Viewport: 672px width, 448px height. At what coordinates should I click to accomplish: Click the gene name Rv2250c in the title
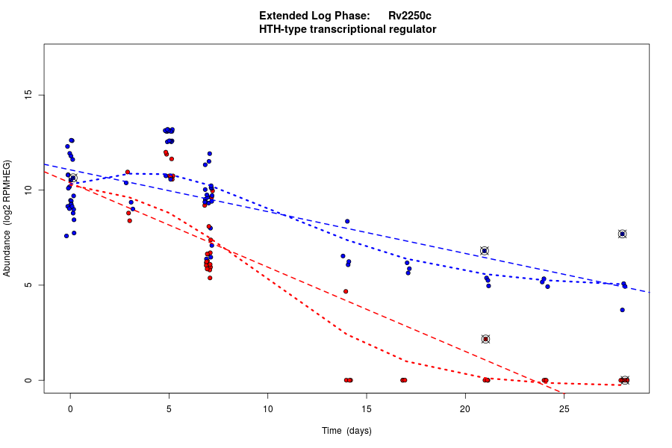pyautogui.click(x=409, y=16)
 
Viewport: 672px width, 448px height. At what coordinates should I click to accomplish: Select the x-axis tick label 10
pyautogui.click(x=268, y=408)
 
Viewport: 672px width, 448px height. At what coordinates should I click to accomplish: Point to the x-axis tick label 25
pyautogui.click(x=564, y=408)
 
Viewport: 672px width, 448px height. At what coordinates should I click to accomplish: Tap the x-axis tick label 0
pyautogui.click(x=70, y=408)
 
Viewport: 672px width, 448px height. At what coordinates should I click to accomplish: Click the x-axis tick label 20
pyautogui.click(x=465, y=408)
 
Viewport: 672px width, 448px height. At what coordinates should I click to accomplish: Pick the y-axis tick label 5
pyautogui.click(x=29, y=285)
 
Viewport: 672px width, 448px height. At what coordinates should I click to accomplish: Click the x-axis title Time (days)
pyautogui.click(x=346, y=431)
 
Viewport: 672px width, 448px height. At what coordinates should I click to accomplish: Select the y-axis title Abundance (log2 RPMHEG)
pyautogui.click(x=7, y=218)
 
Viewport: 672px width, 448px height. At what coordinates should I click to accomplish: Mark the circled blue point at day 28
pyautogui.click(x=622, y=234)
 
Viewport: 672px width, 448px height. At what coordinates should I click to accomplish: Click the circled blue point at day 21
pyautogui.click(x=484, y=251)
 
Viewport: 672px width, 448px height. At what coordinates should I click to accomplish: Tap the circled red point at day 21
pyautogui.click(x=485, y=339)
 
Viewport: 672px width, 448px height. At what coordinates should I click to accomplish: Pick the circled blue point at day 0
pyautogui.click(x=73, y=178)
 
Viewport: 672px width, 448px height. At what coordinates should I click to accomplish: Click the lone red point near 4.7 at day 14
pyautogui.click(x=346, y=291)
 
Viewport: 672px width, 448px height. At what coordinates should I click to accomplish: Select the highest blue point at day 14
pyautogui.click(x=347, y=221)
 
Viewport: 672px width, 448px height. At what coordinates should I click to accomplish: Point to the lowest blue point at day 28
pyautogui.click(x=622, y=310)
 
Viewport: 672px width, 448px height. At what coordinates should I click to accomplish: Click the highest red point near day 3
pyautogui.click(x=128, y=172)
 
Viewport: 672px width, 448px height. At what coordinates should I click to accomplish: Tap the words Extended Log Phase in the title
pyautogui.click(x=314, y=16)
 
